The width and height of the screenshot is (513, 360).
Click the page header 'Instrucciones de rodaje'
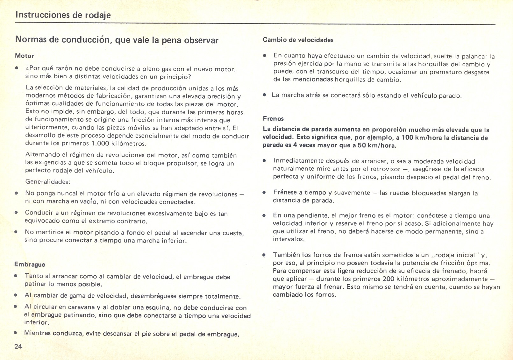point(63,15)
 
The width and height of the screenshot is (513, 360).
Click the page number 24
point(18,347)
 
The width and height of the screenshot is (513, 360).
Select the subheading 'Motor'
point(25,56)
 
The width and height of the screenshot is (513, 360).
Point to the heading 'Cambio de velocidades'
point(298,40)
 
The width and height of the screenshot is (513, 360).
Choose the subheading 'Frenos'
point(273,119)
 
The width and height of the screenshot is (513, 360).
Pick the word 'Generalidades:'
point(47,182)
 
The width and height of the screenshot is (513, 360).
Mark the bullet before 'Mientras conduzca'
point(15,333)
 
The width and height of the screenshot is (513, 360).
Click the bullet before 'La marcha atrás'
point(264,95)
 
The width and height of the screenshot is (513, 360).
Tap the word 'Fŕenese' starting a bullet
point(285,193)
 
